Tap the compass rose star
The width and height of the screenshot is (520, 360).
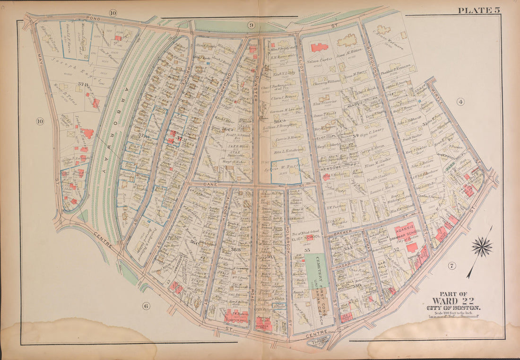tap(482, 247)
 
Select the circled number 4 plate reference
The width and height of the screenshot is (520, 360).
tap(459, 101)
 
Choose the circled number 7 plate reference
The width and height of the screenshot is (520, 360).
tap(451, 265)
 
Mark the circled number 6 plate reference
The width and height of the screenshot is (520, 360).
tap(146, 306)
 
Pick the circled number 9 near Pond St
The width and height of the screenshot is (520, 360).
tap(251, 25)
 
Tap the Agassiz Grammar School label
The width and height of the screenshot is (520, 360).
tap(406, 235)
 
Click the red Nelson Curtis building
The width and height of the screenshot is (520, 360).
tap(320, 47)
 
